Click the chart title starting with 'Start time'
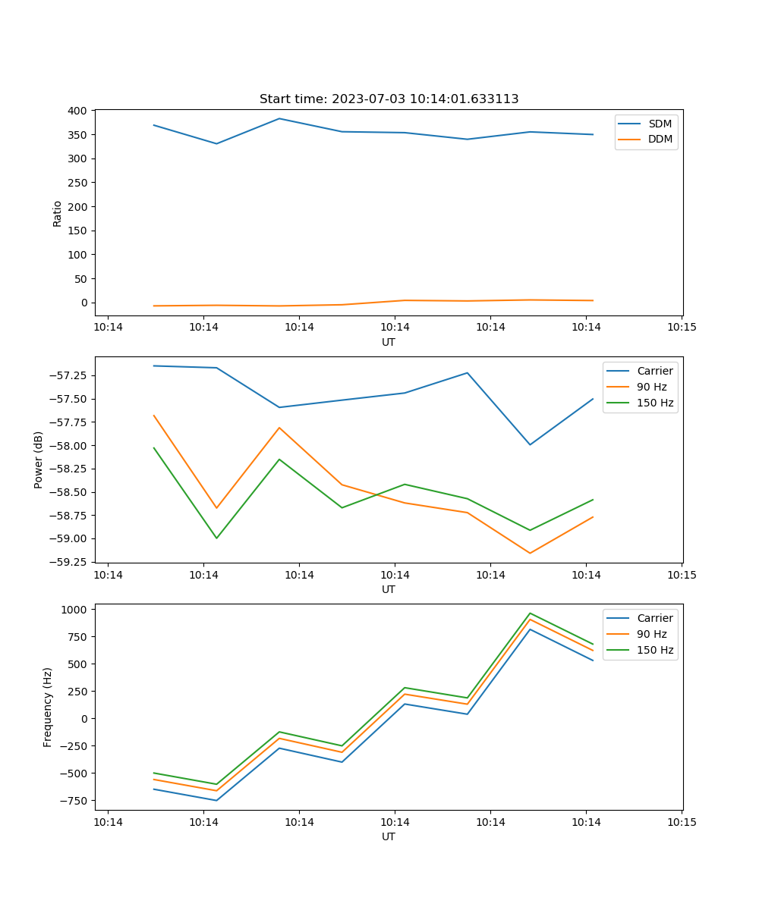click(389, 99)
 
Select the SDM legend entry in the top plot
click(660, 124)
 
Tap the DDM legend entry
click(660, 139)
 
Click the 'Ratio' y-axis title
click(58, 213)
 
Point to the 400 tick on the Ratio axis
click(77, 111)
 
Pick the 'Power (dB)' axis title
click(39, 460)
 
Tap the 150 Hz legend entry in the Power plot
click(655, 403)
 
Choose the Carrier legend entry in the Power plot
click(654, 371)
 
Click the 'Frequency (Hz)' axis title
click(48, 707)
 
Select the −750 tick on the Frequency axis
click(76, 800)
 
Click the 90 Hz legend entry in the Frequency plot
click(651, 634)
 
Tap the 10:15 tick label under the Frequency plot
click(681, 821)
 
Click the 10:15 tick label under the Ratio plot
click(681, 327)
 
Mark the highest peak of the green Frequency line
click(530, 613)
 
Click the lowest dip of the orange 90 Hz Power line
click(530, 553)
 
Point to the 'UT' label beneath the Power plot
click(389, 589)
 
